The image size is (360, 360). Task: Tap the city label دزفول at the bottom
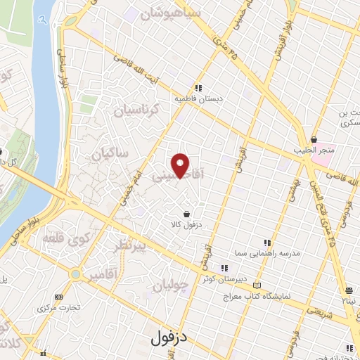pyautogui.click(x=170, y=338)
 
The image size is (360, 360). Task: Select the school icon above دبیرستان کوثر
pyautogui.click(x=224, y=267)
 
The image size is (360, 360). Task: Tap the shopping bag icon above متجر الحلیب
pyautogui.click(x=314, y=139)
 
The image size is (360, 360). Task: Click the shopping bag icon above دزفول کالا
pyautogui.click(x=186, y=214)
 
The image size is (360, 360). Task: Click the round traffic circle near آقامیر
pyautogui.click(x=75, y=274)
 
